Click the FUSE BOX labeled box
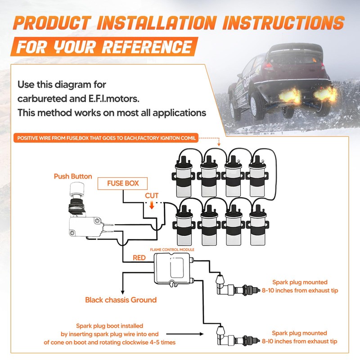pyautogui.click(x=122, y=184)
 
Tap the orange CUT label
pyautogui.click(x=152, y=196)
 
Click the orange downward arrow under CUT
pyautogui.click(x=152, y=205)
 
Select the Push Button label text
pyautogui.click(x=73, y=176)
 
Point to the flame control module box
pyautogui.click(x=172, y=269)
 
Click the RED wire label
pyautogui.click(x=139, y=258)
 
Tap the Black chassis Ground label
pyautogui.click(x=121, y=300)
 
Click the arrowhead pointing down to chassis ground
pyautogui.click(x=122, y=292)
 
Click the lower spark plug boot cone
pyautogui.click(x=220, y=330)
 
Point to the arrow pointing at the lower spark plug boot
pyautogui.click(x=185, y=334)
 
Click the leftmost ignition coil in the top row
pyautogui.click(x=183, y=176)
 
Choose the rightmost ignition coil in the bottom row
pyautogui.click(x=257, y=225)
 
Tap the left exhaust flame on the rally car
pyautogui.click(x=289, y=95)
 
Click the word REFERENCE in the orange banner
pyautogui.click(x=147, y=47)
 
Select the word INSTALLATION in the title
pyautogui.click(x=157, y=23)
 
